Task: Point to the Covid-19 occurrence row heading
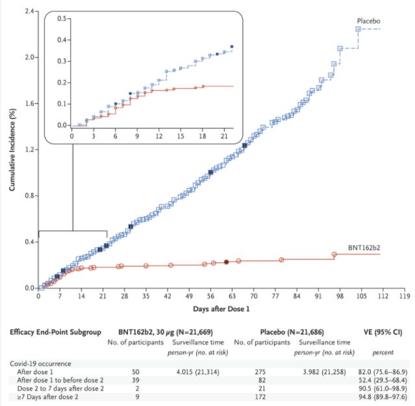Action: point(40,362)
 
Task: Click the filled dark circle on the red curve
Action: point(226,262)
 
